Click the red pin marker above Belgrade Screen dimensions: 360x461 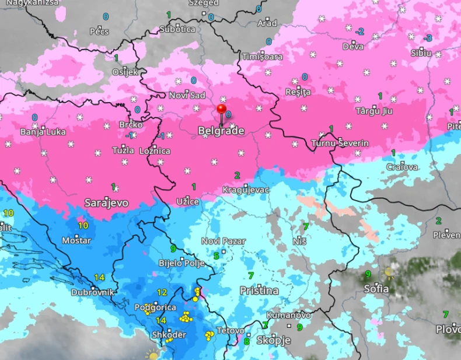[x=221, y=109]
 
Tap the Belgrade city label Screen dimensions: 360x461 [x=221, y=131]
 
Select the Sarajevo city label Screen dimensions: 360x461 [x=106, y=203]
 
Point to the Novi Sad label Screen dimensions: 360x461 [x=187, y=95]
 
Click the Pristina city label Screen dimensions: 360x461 [x=259, y=290]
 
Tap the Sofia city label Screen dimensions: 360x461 [x=376, y=289]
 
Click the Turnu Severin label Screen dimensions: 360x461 [x=340, y=143]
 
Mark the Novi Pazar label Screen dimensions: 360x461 [x=223, y=241]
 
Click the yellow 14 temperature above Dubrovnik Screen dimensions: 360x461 [x=99, y=277]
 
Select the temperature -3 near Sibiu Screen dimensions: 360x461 [x=428, y=38]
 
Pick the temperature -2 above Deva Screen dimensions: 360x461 [x=359, y=31]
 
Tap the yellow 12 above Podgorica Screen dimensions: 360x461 [x=162, y=292]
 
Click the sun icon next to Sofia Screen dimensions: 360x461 [x=389, y=272]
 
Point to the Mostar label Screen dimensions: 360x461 [x=78, y=240]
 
